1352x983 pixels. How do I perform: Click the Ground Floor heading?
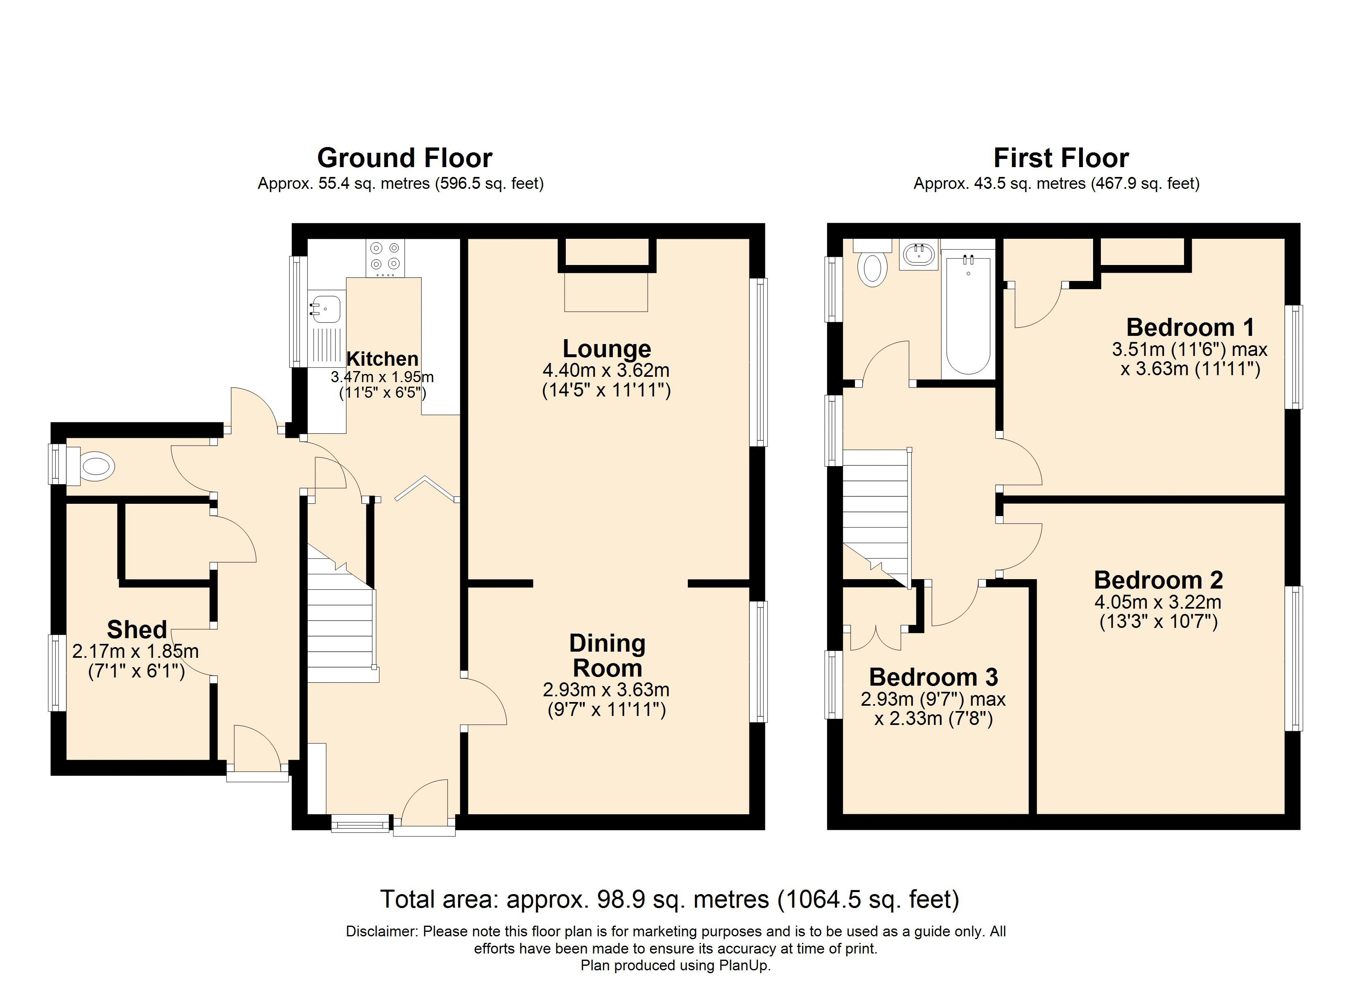[405, 158]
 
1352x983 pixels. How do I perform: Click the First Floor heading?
[1061, 158]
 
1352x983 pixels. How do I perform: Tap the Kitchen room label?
[383, 359]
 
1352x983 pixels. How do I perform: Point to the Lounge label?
[607, 349]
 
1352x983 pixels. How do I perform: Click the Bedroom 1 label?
[1190, 327]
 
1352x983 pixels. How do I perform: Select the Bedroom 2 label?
[1158, 580]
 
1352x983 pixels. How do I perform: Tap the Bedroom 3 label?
[934, 677]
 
